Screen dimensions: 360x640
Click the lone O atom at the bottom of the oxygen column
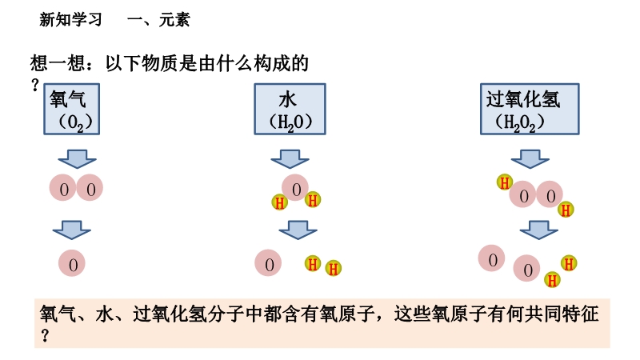click(72, 262)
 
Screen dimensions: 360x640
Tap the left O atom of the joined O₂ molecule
click(63, 189)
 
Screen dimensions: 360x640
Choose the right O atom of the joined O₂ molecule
click(90, 189)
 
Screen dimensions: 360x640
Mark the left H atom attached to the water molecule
click(279, 202)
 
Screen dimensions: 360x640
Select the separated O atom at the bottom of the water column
click(269, 263)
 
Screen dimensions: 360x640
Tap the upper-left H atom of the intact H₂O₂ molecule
click(505, 182)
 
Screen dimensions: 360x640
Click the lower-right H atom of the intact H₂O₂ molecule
click(566, 210)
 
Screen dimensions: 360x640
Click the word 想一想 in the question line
click(53, 64)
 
